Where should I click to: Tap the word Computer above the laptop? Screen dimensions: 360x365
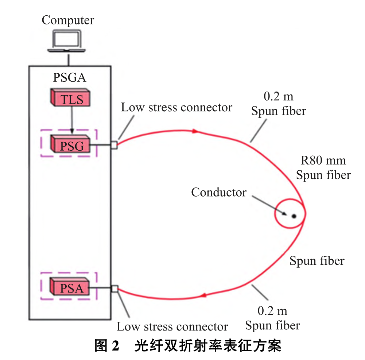point(67,20)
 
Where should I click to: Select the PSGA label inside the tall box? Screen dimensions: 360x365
point(70,78)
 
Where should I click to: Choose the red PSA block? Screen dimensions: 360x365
point(70,288)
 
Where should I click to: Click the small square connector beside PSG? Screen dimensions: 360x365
point(114,145)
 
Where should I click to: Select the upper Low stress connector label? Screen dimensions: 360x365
point(176,108)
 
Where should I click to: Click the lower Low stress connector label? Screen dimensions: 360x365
point(172,326)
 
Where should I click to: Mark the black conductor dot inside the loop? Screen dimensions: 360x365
point(294,216)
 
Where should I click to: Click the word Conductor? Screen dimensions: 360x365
point(219,192)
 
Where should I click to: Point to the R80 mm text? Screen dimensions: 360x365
point(323,160)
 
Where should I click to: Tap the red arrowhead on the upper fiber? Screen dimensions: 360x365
point(196,131)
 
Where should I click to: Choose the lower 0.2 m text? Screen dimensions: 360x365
point(272,311)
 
